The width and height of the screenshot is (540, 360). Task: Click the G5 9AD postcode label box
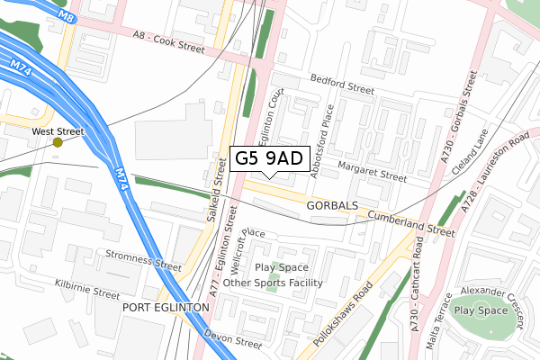pyautogui.click(x=271, y=159)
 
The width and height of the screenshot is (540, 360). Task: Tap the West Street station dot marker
pyautogui.click(x=58, y=142)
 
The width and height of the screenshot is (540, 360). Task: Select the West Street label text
pyautogui.click(x=58, y=130)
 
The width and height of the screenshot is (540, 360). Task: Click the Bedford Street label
pyautogui.click(x=341, y=85)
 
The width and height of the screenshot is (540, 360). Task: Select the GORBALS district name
pyautogui.click(x=332, y=206)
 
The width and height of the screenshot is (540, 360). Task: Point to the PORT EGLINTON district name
pyautogui.click(x=165, y=307)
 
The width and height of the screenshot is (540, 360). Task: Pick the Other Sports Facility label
pyautogui.click(x=273, y=283)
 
